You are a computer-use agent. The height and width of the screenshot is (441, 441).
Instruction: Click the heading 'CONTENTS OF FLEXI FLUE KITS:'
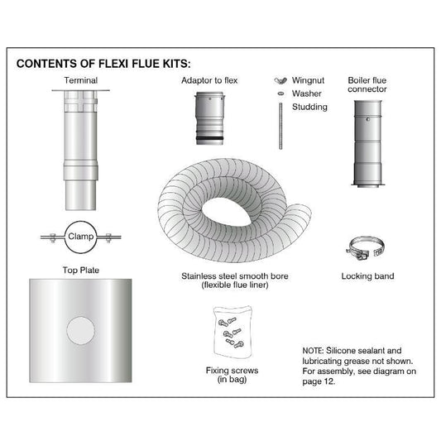(x=103, y=63)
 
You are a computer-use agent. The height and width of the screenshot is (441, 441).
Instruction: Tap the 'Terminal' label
(x=81, y=81)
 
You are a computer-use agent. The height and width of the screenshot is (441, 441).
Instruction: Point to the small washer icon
(x=280, y=94)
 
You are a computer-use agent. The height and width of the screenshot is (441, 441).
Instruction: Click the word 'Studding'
(x=309, y=107)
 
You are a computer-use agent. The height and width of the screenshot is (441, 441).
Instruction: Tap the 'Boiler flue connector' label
(x=367, y=85)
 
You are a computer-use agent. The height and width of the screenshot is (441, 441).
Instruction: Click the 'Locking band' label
(x=367, y=275)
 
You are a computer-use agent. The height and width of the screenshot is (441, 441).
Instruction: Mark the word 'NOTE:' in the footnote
(x=317, y=351)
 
